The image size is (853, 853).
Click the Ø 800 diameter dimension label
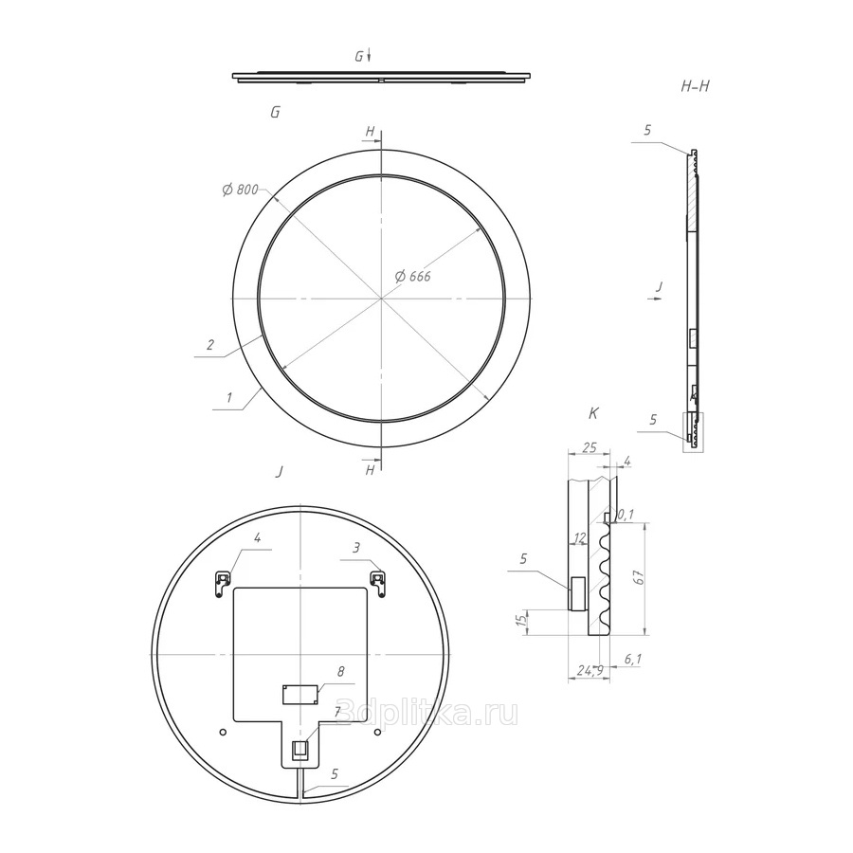(241, 190)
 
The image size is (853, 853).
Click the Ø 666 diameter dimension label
(413, 277)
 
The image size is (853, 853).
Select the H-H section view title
(696, 86)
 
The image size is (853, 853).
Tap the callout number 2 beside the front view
(210, 344)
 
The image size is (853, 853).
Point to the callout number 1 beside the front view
(229, 398)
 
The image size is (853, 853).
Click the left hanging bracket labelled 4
(223, 583)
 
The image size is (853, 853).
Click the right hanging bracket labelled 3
(378, 583)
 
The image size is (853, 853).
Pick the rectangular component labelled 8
(299, 695)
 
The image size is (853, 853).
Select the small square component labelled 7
(299, 750)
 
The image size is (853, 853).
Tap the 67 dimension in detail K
(640, 577)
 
